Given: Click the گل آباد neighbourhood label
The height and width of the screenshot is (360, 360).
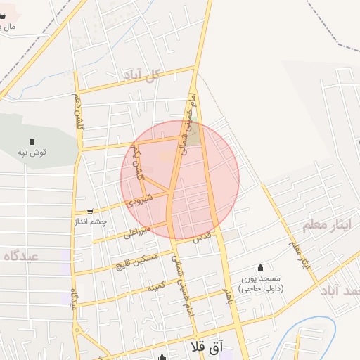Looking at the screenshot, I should (152, 75).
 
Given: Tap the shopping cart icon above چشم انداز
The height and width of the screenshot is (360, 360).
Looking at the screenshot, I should (90, 211).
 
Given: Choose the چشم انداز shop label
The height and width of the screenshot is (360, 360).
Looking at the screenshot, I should (91, 221).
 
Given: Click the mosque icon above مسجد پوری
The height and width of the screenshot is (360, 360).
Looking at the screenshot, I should (261, 267).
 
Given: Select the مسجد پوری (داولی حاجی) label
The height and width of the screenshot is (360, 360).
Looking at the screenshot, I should (260, 283).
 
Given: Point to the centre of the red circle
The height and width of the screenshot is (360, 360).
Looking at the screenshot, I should (180, 180).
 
